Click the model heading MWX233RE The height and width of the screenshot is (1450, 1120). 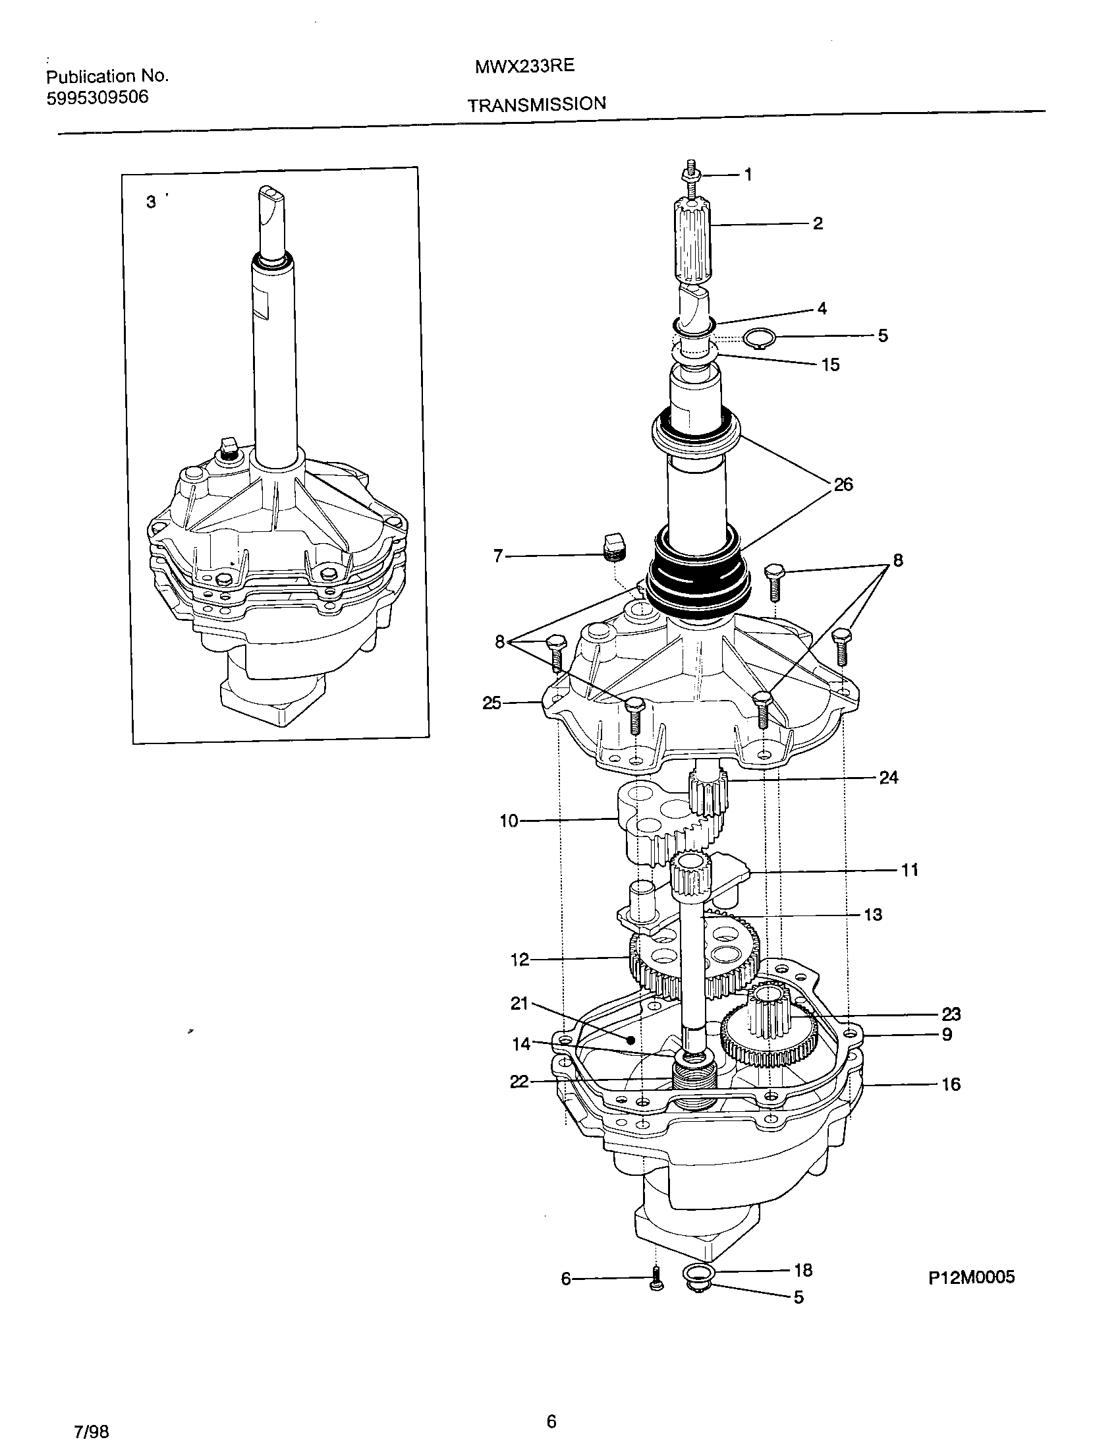[x=524, y=67]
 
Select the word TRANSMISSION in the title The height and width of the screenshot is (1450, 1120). [x=536, y=105]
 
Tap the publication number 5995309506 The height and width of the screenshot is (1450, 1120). [x=98, y=98]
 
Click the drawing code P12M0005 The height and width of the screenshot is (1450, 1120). [x=971, y=1277]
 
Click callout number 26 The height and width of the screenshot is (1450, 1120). [x=843, y=484]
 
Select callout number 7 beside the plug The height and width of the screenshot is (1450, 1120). [x=499, y=556]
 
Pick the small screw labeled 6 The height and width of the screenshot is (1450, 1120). [x=656, y=1278]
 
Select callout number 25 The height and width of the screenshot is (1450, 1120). [x=491, y=703]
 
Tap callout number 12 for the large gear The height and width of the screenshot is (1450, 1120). [x=520, y=960]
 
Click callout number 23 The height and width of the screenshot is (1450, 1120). [x=951, y=1014]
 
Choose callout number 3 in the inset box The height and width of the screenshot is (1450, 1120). [x=152, y=202]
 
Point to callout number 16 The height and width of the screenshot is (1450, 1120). [x=951, y=1084]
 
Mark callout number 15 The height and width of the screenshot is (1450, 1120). [x=830, y=364]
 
